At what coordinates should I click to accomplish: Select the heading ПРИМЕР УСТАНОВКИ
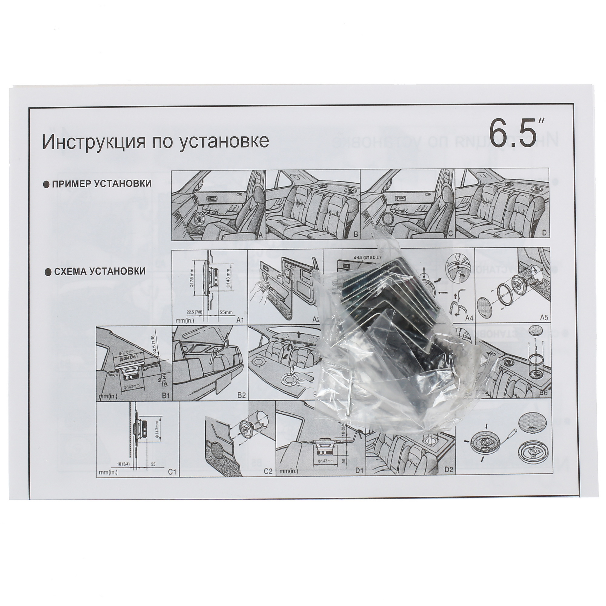[x=102, y=184]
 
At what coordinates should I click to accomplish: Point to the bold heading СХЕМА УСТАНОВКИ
[x=100, y=271]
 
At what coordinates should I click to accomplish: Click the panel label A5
[x=544, y=318]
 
